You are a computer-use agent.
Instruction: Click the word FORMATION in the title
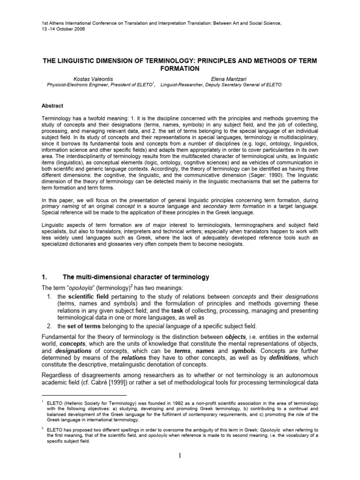tap(180, 68)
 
